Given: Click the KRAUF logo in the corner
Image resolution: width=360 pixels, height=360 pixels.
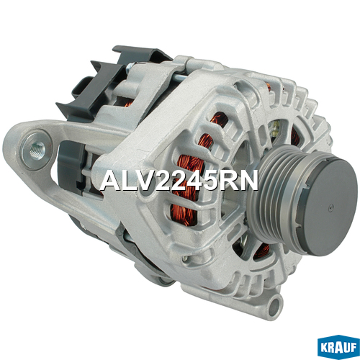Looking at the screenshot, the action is coord(338,347).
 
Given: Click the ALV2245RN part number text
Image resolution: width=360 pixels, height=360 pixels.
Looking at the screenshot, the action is coord(179,181).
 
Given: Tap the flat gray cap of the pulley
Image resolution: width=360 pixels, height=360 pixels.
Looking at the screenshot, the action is coord(330,207).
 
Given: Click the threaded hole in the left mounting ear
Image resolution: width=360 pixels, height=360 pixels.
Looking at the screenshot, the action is coord(37,150).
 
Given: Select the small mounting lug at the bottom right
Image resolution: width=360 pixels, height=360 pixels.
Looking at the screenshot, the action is coord(274,306).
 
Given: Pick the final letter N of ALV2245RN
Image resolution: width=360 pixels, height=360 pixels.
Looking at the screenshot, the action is coord(249,181).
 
